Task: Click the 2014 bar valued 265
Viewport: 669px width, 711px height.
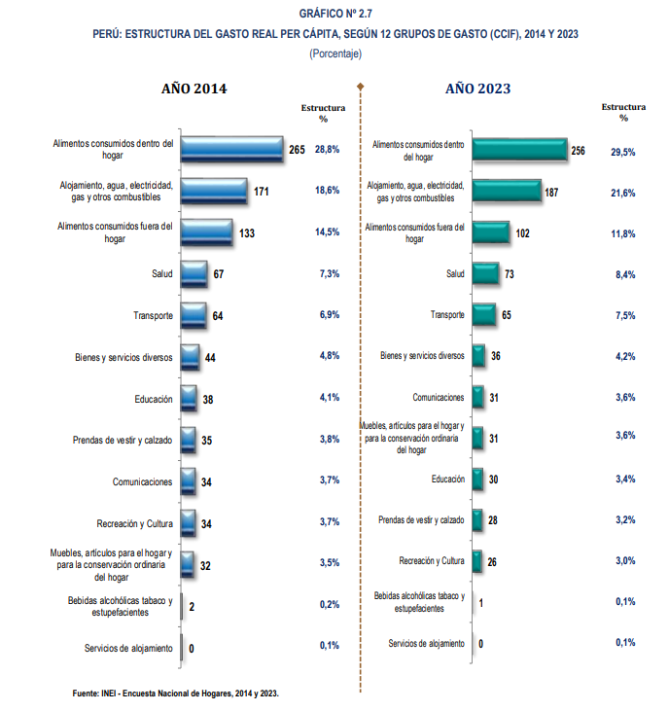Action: click(x=231, y=149)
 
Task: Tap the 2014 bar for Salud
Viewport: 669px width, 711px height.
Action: click(x=194, y=274)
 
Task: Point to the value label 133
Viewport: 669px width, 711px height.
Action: click(x=247, y=233)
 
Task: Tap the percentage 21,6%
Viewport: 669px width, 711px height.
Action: click(x=622, y=193)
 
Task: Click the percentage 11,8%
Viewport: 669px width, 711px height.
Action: click(x=622, y=233)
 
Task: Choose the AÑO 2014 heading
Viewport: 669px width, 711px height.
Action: click(x=194, y=89)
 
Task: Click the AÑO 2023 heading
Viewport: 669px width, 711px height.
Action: click(x=478, y=89)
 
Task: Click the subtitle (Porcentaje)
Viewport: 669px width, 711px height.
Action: click(x=334, y=53)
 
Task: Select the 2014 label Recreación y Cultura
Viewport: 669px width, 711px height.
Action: click(x=134, y=522)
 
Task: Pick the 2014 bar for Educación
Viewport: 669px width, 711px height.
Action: click(x=189, y=399)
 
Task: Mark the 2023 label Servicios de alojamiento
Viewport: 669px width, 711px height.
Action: click(x=426, y=643)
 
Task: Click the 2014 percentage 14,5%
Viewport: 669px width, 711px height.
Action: click(x=327, y=232)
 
